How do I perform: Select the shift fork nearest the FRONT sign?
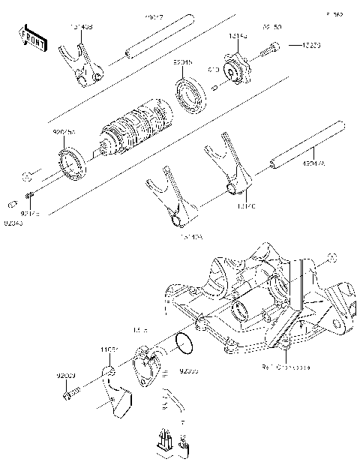(85, 63)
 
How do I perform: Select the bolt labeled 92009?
(70, 391)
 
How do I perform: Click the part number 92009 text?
(66, 374)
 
